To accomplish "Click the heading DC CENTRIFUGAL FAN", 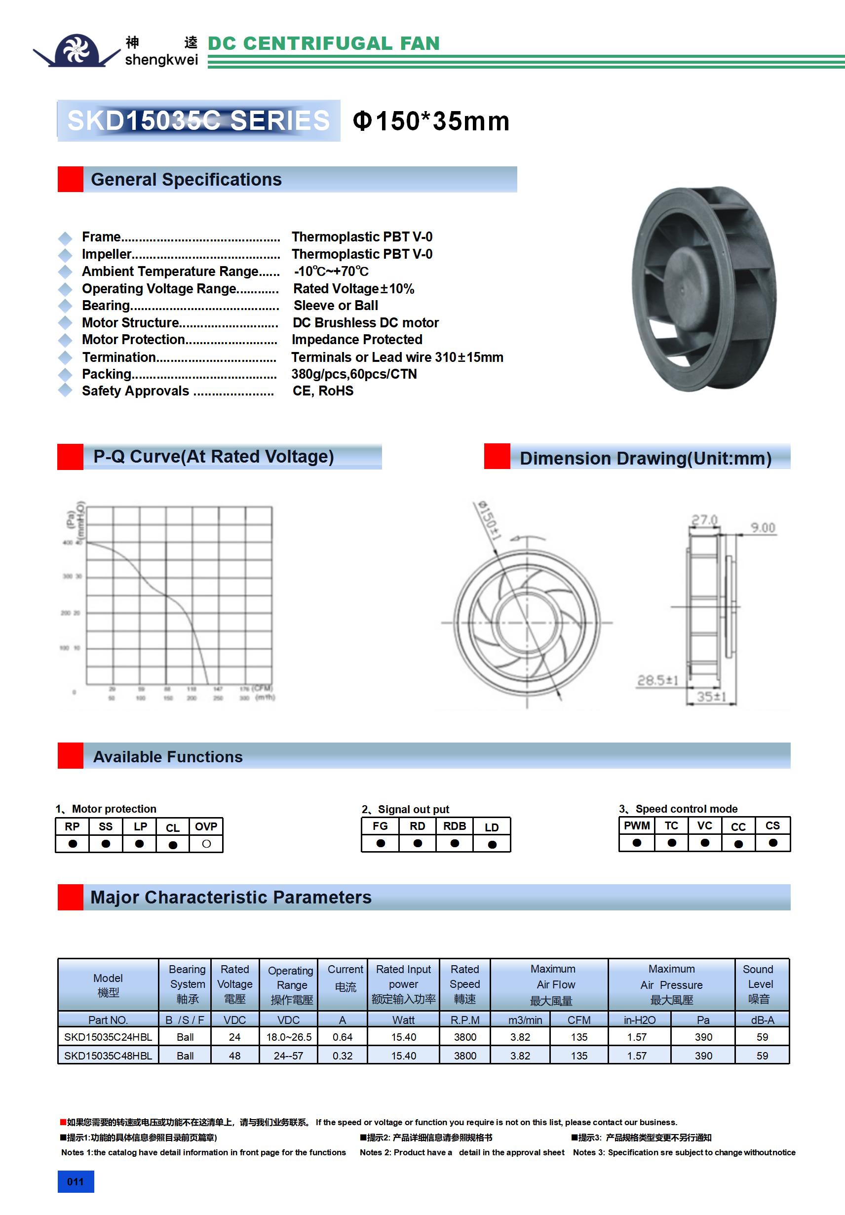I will (323, 43).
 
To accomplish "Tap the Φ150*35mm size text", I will (431, 121).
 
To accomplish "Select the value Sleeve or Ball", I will (336, 305).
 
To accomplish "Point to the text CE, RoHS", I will (323, 391).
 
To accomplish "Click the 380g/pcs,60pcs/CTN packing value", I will (353, 374).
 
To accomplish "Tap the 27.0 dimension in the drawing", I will (704, 520).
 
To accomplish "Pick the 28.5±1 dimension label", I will (657, 680).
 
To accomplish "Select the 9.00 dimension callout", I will (763, 528).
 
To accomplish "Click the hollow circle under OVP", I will (206, 844).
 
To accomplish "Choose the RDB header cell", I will (455, 826).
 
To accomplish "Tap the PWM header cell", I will (637, 825).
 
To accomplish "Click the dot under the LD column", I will (492, 844).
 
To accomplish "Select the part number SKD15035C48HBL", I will (108, 1056).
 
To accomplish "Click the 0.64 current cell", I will (343, 1037).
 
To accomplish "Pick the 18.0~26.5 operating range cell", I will (288, 1037).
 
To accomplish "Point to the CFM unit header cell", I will (579, 1019).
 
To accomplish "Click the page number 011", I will (75, 1181).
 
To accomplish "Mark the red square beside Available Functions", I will (71, 756).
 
